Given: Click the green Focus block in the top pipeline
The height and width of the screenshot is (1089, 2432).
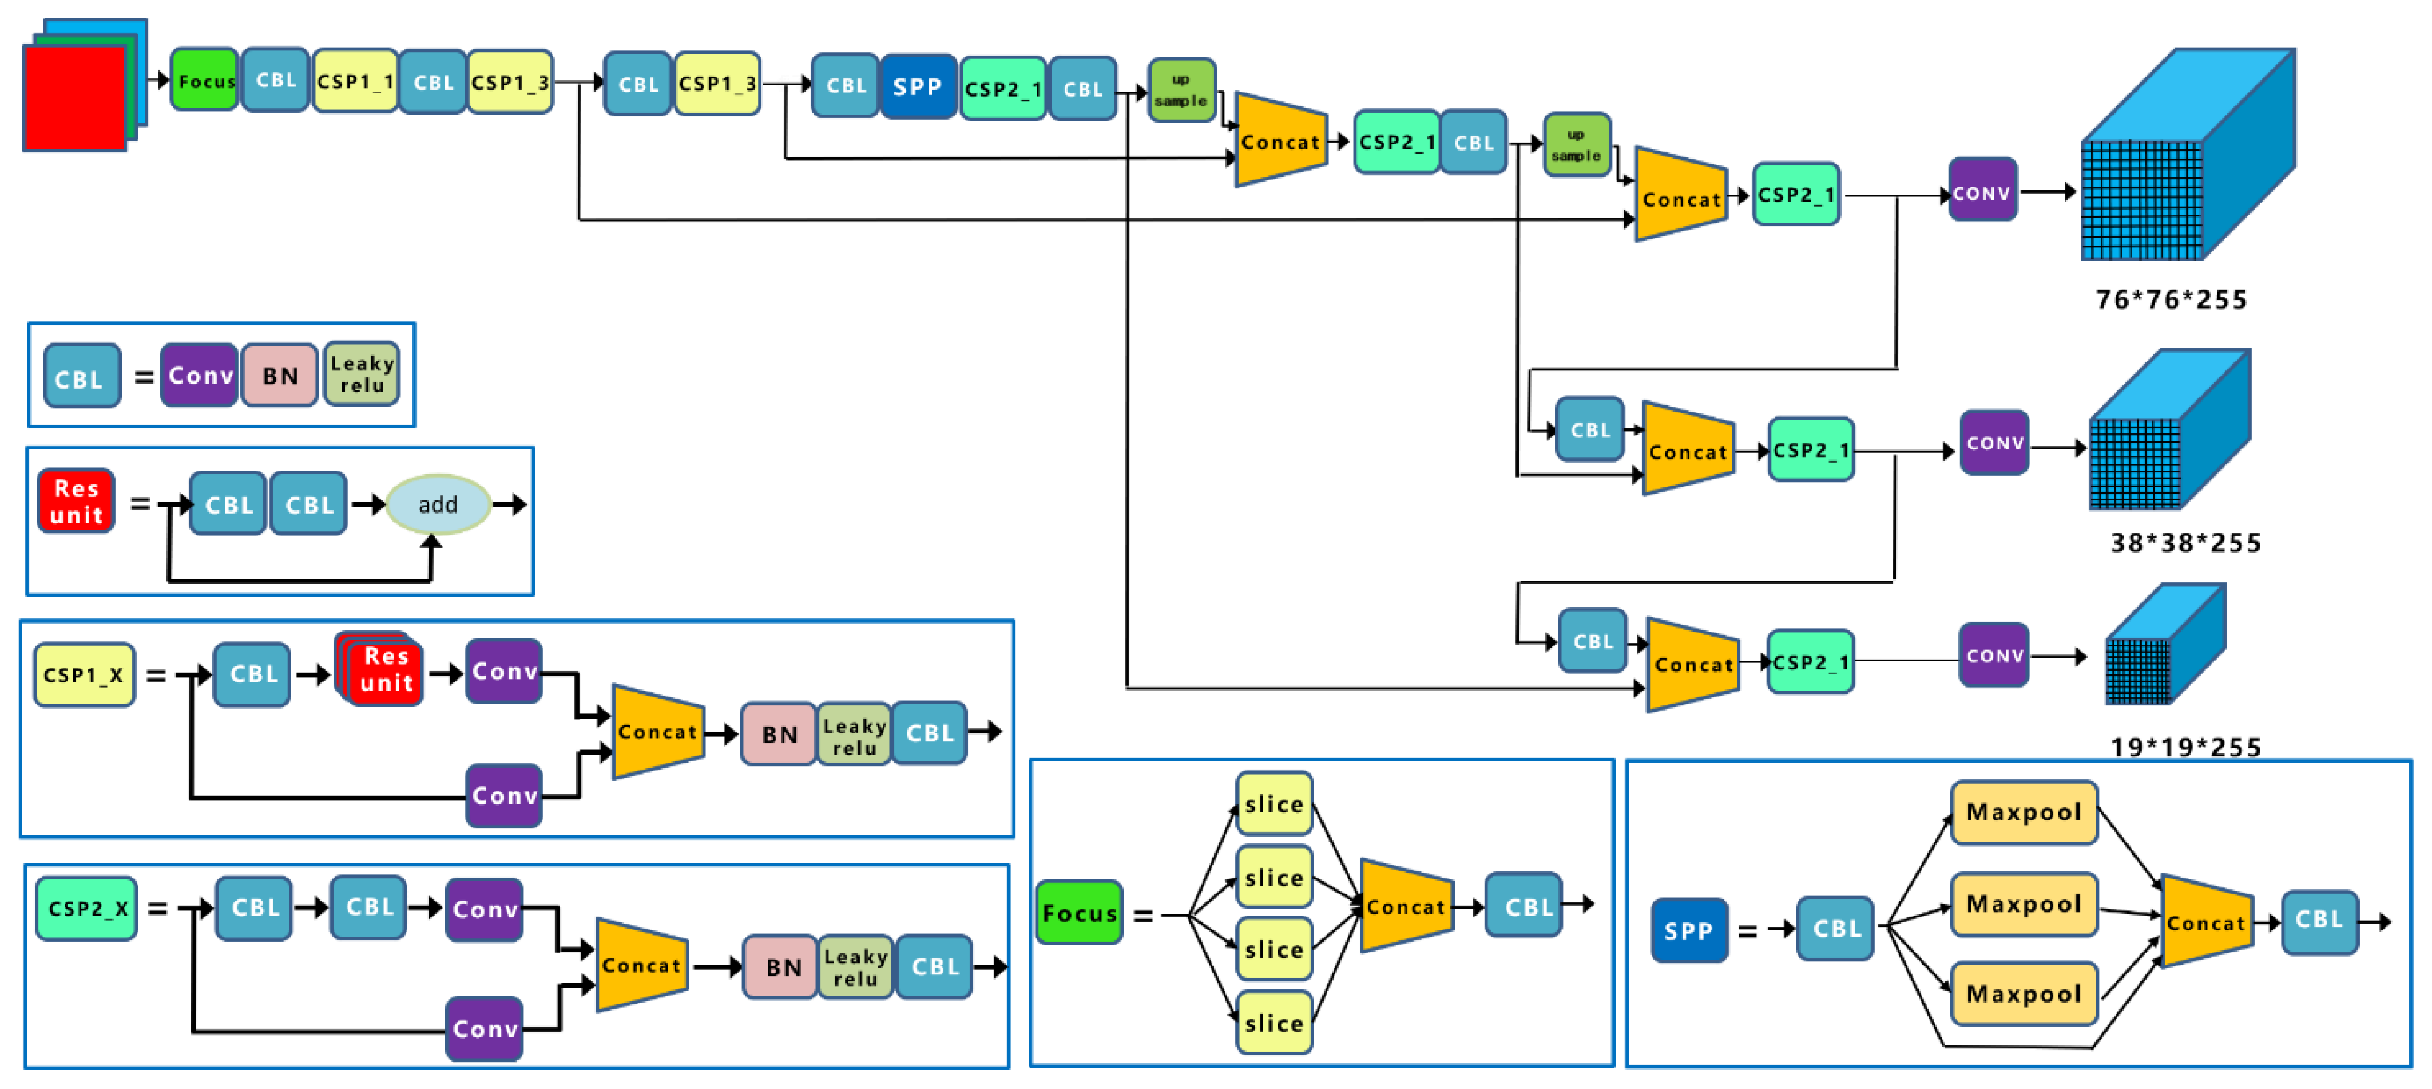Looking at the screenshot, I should click(x=204, y=81).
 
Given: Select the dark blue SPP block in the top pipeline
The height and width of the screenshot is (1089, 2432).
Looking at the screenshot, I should click(x=917, y=87).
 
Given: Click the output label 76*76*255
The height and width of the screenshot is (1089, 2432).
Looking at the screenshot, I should click(x=2171, y=299).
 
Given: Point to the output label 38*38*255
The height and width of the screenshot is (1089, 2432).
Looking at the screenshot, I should click(x=2185, y=543).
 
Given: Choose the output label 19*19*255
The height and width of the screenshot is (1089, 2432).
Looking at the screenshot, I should click(x=2185, y=747).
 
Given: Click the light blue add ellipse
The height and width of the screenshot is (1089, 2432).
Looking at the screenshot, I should click(x=438, y=504).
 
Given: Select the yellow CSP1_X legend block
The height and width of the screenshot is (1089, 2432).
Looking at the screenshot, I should click(x=84, y=675).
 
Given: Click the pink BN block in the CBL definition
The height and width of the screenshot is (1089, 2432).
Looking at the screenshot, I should click(x=279, y=376).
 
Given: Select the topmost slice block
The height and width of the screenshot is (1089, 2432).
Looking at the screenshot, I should click(x=1273, y=804).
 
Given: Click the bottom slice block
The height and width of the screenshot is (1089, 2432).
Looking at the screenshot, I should click(x=1273, y=1023).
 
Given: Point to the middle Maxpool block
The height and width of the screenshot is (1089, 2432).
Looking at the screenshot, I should click(x=2023, y=904).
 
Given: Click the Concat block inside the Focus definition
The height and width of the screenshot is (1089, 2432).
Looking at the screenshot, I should click(x=1406, y=907).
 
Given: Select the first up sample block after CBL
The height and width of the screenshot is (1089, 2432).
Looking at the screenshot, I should click(x=1181, y=90).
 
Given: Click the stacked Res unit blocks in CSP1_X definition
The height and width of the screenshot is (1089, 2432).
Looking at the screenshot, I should click(x=382, y=670).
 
